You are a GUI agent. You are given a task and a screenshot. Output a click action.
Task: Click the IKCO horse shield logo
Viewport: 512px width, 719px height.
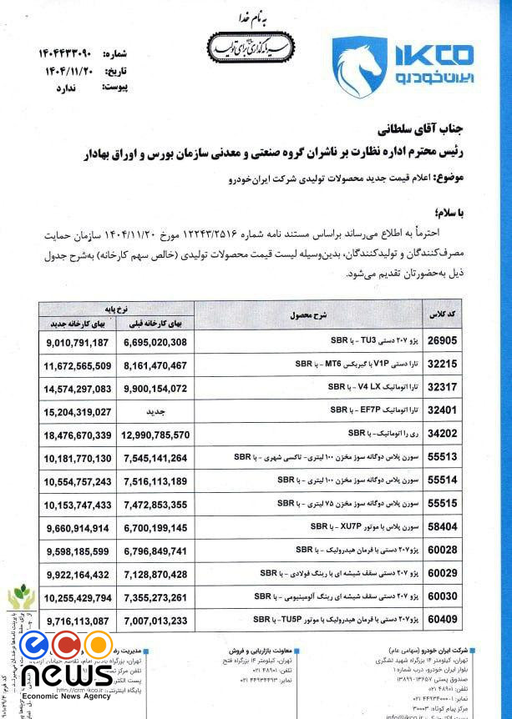click(x=360, y=67)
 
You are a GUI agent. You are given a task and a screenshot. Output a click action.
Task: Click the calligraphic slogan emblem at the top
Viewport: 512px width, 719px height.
click(x=250, y=47)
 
